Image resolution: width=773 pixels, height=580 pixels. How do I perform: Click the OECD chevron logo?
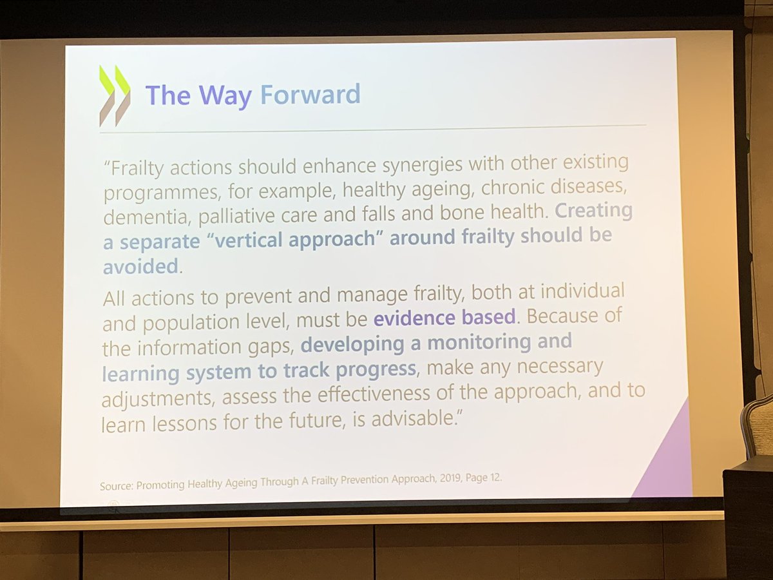tap(115, 95)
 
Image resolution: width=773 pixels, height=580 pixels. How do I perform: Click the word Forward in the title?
tap(310, 95)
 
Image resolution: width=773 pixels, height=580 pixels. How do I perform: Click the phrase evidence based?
tap(444, 317)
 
